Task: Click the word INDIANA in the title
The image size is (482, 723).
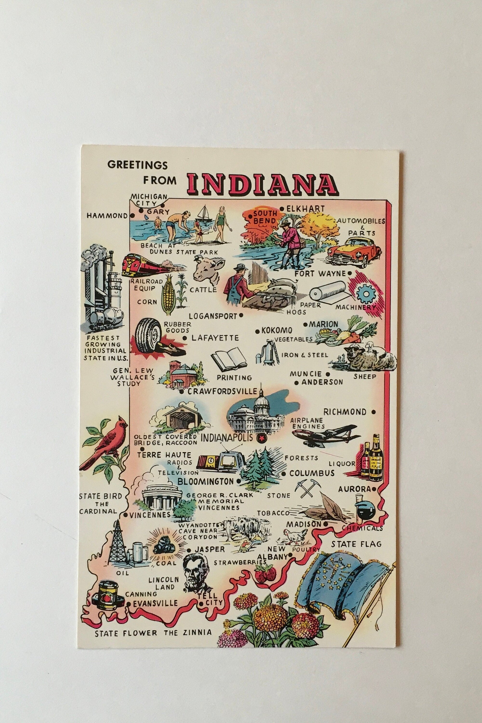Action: (261, 184)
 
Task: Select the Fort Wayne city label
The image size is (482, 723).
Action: (320, 273)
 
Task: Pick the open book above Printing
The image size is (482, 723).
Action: (229, 358)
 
